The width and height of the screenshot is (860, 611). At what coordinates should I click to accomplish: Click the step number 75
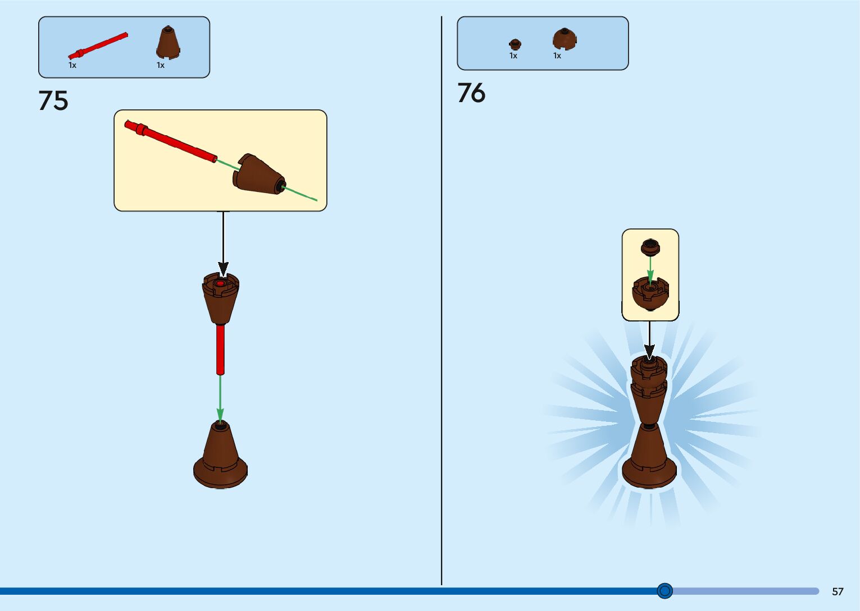pyautogui.click(x=53, y=101)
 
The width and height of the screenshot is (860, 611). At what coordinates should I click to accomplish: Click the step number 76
pyautogui.click(x=471, y=93)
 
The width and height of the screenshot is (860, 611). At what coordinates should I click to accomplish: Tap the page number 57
pyautogui.click(x=838, y=591)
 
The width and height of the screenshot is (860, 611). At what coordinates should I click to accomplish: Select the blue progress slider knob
pyautogui.click(x=665, y=590)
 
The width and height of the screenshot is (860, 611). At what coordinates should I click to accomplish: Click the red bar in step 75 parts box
pyautogui.click(x=98, y=45)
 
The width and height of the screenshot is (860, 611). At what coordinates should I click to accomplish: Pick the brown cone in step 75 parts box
pyautogui.click(x=167, y=42)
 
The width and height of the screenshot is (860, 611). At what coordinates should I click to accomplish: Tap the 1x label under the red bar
pyautogui.click(x=72, y=65)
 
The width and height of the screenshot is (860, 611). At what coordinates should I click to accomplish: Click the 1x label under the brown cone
pyautogui.click(x=161, y=65)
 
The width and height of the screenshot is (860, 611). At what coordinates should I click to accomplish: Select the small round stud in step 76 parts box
pyautogui.click(x=515, y=44)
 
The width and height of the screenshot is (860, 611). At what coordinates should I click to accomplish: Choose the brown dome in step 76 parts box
pyautogui.click(x=565, y=39)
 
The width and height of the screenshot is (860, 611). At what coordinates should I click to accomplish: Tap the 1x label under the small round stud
pyautogui.click(x=513, y=56)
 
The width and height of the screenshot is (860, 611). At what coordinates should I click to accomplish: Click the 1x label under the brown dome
pyautogui.click(x=557, y=56)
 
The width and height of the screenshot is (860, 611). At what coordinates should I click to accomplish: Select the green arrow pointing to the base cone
pyautogui.click(x=220, y=398)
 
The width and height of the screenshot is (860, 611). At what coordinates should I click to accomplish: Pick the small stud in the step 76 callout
pyautogui.click(x=650, y=247)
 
